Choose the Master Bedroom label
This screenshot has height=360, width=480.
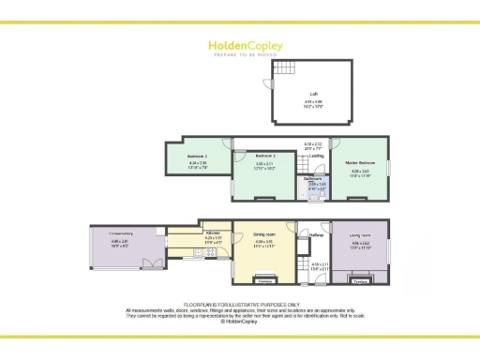[x=360, y=160]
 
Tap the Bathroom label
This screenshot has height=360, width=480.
[x=316, y=178]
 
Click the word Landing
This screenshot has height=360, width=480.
[x=304, y=156]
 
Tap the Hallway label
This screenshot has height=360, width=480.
[x=315, y=234]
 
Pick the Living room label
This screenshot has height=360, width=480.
[x=360, y=234]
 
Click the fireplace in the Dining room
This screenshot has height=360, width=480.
[x=264, y=278]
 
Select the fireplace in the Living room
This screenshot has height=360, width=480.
[x=360, y=277]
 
